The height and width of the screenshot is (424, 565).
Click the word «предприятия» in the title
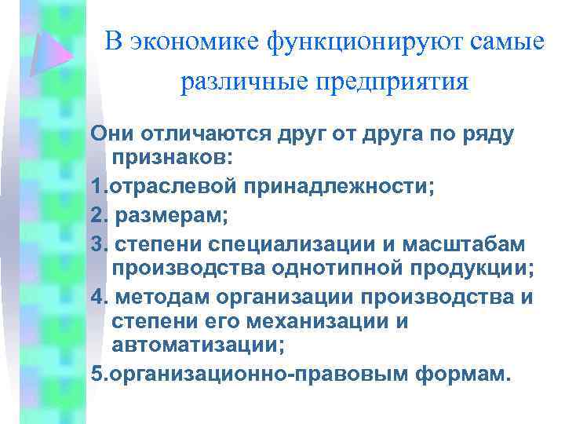click(383, 82)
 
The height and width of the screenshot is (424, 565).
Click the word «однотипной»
click(347, 269)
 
